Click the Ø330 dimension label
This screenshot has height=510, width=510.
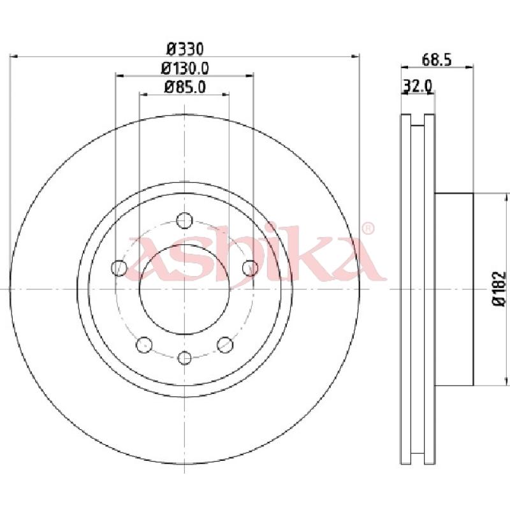185,49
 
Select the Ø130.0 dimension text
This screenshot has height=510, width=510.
185,68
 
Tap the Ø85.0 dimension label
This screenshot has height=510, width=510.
185,87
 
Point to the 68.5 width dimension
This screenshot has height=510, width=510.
437,60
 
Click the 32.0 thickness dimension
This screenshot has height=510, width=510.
418,86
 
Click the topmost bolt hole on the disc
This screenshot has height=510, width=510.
184,221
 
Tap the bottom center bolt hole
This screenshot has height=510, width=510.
185,358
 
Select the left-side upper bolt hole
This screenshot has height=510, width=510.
119,268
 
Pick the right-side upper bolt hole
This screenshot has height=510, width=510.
250,268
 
